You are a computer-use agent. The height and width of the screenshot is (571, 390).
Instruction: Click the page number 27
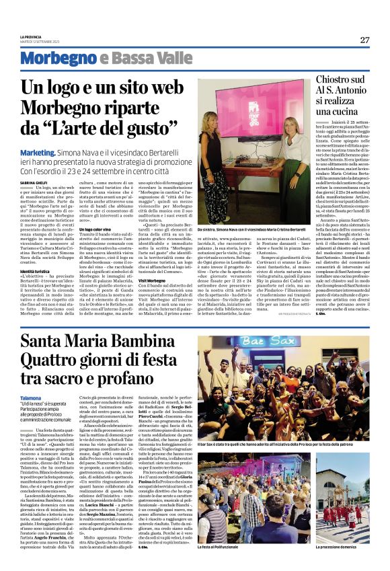[x=364, y=40]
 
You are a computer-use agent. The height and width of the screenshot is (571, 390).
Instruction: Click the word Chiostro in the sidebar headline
[x=336, y=80]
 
